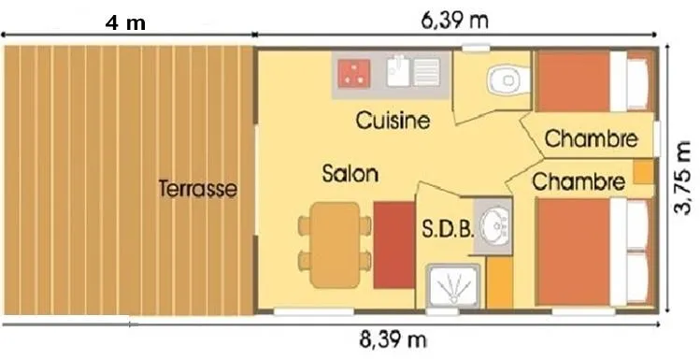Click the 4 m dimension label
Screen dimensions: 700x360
[125, 22]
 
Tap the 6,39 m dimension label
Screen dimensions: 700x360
[455, 21]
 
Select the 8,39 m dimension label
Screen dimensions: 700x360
[393, 340]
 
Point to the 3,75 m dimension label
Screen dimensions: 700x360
[681, 179]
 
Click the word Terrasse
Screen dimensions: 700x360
[198, 189]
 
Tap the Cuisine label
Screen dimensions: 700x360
[393, 121]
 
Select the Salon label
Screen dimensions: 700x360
[350, 173]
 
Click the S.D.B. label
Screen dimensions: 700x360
[448, 229]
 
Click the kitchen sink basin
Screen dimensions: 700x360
[398, 71]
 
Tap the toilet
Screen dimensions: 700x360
[508, 80]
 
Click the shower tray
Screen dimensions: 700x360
[452, 286]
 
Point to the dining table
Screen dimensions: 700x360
[336, 245]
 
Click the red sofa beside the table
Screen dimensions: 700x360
[394, 245]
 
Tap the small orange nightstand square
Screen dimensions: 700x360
[644, 172]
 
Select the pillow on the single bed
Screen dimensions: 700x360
[637, 84]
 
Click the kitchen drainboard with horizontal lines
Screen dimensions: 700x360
[427, 72]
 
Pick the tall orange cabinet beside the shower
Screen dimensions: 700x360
[500, 282]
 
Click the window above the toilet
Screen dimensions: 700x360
[476, 48]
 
